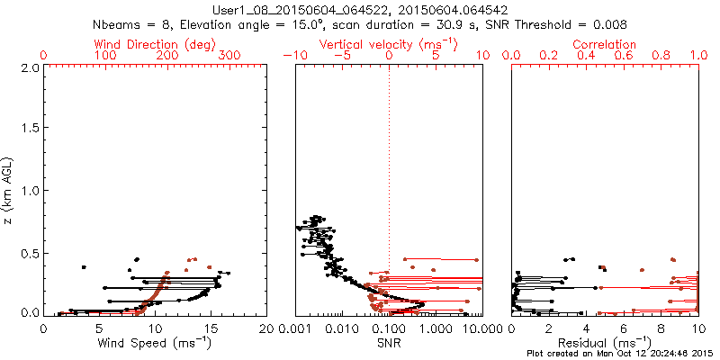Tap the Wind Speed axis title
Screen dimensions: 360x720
[155, 343]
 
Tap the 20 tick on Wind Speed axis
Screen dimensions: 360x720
[266, 329]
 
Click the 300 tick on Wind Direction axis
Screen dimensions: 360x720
[229, 55]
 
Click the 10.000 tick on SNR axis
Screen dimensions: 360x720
[477, 329]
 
